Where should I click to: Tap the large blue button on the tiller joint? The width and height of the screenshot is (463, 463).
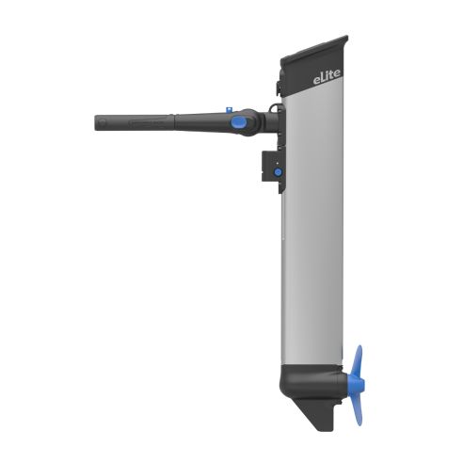click(x=240, y=121)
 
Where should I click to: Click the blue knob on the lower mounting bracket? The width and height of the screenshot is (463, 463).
click(x=277, y=172)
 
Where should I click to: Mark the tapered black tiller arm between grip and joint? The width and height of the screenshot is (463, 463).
click(x=193, y=120)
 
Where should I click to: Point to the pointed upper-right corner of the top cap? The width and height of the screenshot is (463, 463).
click(x=347, y=39)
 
